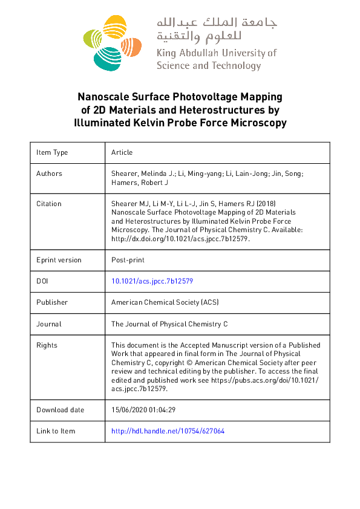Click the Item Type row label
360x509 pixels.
[x=52, y=152]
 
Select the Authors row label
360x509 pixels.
[x=49, y=173]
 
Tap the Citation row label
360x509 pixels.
[x=49, y=204]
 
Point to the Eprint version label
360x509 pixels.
[x=59, y=260]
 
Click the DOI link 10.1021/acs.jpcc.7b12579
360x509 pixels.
[x=152, y=281]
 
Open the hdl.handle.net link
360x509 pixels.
[x=168, y=431]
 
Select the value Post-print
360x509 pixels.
[x=128, y=260]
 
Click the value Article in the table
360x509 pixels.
[x=122, y=152]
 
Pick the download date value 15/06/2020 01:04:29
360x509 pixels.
[x=143, y=410]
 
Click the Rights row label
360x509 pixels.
[x=47, y=345]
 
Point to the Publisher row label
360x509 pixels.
[x=52, y=302]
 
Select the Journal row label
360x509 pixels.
[x=49, y=324]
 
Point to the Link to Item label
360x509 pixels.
[x=56, y=431]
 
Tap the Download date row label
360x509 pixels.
[x=60, y=410]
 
